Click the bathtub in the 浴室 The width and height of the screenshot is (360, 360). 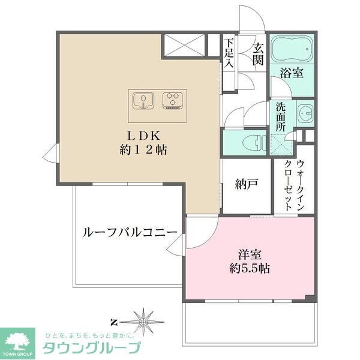pos(290,49)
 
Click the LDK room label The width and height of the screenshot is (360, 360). pos(142,134)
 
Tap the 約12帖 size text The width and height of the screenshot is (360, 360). pos(142,149)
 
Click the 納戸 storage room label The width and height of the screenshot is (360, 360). pos(247,184)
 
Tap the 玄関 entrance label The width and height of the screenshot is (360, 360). pos(258,53)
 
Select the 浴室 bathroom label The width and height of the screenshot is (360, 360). pos(292,73)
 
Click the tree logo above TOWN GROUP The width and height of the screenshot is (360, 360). pos(19,339)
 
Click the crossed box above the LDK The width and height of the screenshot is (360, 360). pos(184,45)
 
